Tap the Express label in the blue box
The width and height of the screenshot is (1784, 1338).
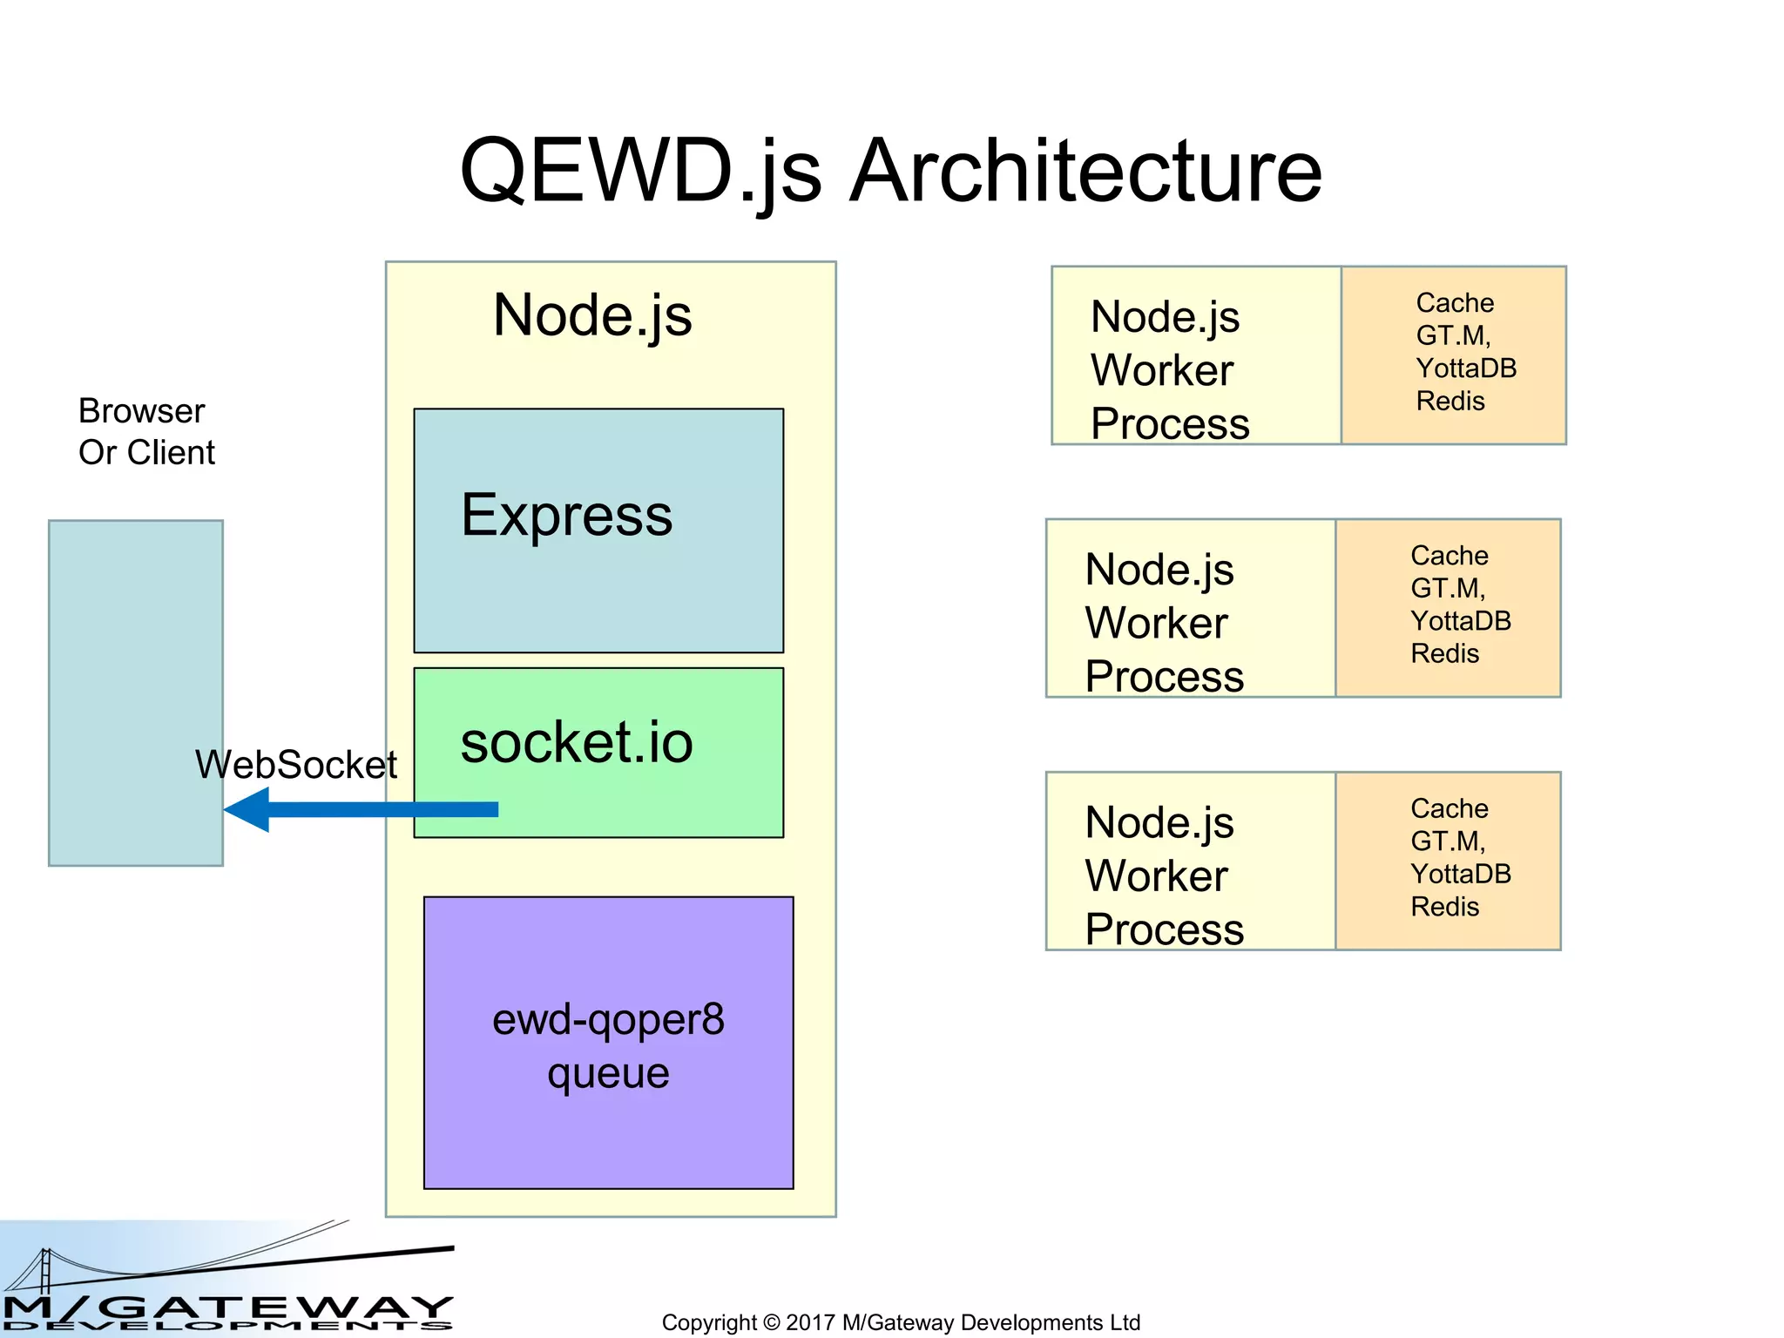click(566, 515)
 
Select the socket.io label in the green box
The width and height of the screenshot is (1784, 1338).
click(576, 743)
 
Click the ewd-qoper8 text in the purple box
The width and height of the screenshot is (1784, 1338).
click(608, 1019)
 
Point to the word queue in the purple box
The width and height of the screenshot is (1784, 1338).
click(608, 1072)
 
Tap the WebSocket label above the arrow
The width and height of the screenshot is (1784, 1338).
click(295, 765)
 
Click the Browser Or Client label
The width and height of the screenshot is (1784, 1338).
click(145, 432)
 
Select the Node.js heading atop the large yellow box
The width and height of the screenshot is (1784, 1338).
click(592, 315)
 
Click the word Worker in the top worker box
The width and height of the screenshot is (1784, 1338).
click(1161, 370)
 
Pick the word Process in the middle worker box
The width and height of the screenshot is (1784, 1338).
click(1164, 677)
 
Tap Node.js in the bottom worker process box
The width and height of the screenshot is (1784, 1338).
click(1159, 823)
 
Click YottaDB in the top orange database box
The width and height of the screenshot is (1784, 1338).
click(1466, 368)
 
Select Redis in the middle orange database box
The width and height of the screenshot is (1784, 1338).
click(1444, 654)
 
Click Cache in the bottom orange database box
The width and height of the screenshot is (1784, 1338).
click(1449, 808)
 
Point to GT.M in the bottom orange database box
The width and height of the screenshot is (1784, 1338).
click(1446, 841)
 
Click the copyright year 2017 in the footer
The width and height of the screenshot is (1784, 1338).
click(810, 1322)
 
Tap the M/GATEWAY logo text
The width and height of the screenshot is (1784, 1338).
click(226, 1308)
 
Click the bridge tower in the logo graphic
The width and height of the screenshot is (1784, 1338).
click(45, 1270)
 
